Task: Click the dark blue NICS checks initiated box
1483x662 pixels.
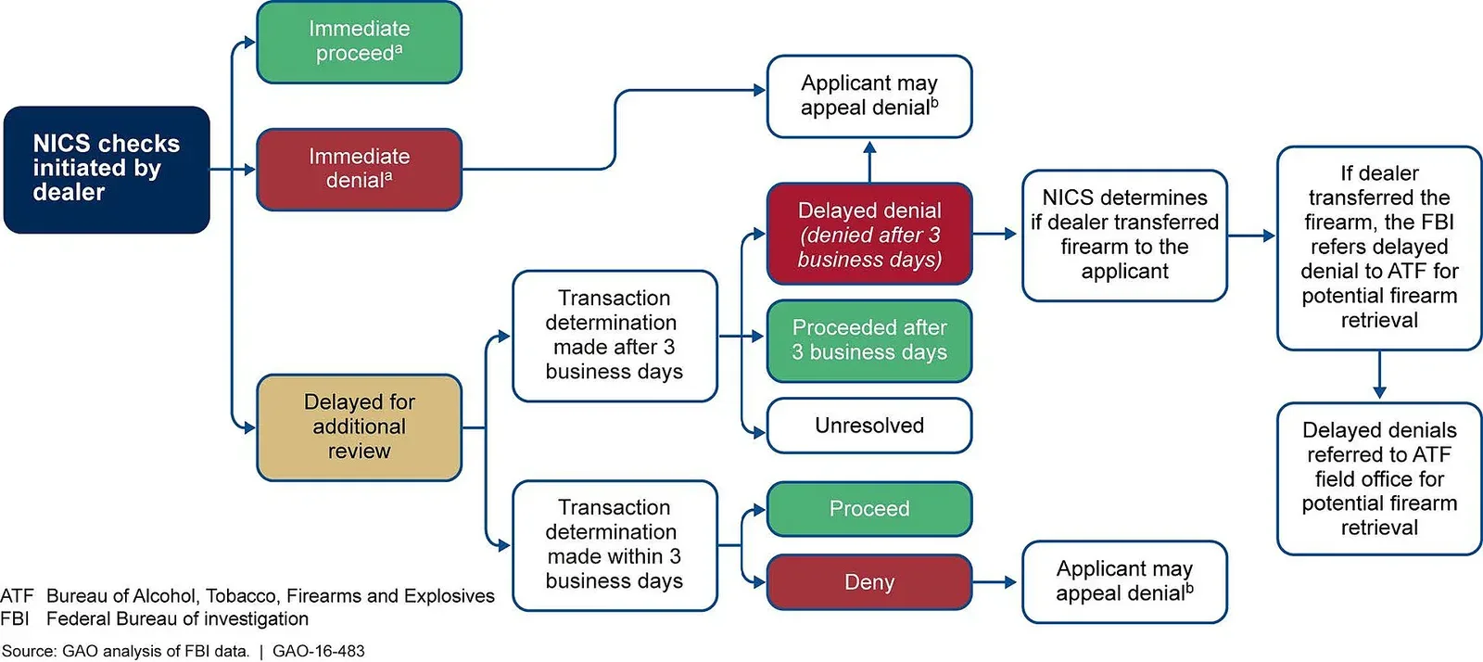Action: coord(107,169)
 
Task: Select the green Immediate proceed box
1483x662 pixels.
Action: coord(359,42)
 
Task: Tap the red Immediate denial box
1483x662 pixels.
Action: coord(359,169)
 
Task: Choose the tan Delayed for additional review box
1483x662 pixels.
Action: coord(359,427)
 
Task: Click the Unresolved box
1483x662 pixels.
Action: coord(868,426)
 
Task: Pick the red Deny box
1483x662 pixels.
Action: coord(868,582)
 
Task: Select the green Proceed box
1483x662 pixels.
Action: coord(868,509)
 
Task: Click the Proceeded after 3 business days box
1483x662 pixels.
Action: coord(868,340)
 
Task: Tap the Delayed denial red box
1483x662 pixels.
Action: coord(868,235)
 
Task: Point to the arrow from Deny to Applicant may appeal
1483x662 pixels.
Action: coord(996,582)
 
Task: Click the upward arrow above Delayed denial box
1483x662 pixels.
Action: coord(869,159)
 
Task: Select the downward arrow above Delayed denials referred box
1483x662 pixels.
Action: coord(1379,376)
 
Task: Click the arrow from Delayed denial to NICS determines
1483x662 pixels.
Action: coord(996,235)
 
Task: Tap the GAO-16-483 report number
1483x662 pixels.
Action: coord(319,651)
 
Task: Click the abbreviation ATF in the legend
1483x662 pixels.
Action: coord(17,596)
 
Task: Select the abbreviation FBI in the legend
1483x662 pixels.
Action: coord(15,619)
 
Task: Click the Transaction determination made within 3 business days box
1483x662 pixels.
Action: coord(614,545)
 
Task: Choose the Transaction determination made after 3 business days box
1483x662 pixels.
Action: coord(614,336)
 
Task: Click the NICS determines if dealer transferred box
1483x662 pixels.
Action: coord(1124,236)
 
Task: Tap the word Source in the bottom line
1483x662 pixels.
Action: coord(29,651)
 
